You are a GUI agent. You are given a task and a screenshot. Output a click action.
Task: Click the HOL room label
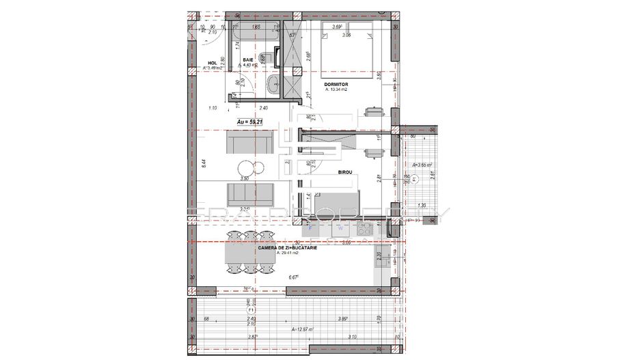[x=212, y=64]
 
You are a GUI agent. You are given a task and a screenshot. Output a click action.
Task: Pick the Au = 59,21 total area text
[x=250, y=122]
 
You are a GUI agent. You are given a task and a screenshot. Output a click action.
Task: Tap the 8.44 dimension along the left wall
[x=204, y=163]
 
